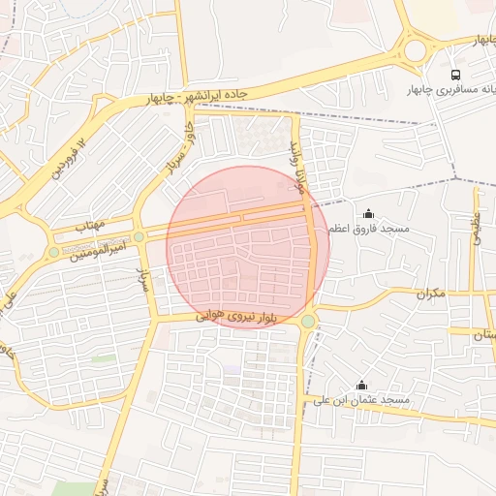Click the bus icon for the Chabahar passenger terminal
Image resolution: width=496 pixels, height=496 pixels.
[455, 75]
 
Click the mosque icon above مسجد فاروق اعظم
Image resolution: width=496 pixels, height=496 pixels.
[368, 213]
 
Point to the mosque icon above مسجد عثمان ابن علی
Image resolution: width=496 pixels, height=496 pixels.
[362, 385]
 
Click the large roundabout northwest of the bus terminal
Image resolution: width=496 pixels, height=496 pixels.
[417, 47]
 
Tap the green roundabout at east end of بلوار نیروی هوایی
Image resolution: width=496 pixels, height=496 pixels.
[308, 321]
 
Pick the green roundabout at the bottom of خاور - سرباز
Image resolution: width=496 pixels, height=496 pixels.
[139, 236]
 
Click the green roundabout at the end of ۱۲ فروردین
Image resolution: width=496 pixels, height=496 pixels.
[53, 252]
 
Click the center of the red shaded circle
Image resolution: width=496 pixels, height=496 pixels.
[248, 247]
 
